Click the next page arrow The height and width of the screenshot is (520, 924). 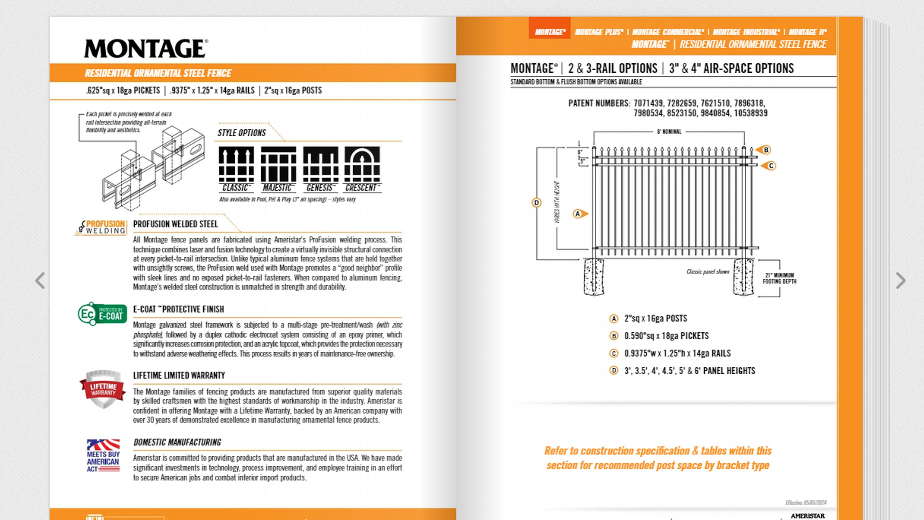(900, 280)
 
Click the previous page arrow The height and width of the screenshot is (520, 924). (40, 280)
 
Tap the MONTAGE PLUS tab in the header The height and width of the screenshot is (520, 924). (599, 32)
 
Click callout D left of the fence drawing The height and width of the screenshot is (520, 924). (536, 203)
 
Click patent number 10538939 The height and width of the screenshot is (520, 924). (751, 113)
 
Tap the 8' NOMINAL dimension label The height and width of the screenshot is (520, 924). (669, 132)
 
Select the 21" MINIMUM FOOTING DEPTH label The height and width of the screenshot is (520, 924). (779, 279)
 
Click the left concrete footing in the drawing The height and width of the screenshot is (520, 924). (594, 277)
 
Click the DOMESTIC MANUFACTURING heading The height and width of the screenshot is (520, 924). (177, 442)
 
